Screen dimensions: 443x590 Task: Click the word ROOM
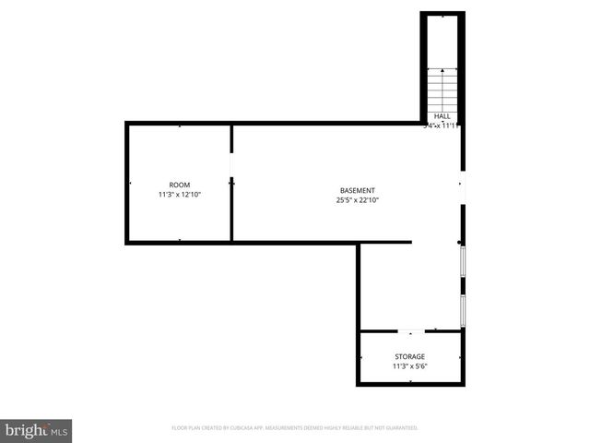179,185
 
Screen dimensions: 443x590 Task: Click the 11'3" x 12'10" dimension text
179,195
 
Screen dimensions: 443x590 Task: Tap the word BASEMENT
358,190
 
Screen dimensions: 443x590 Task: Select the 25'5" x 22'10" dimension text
358,200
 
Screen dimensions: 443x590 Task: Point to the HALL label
442,116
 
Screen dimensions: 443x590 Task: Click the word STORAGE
410,356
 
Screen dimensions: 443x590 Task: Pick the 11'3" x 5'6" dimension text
410,366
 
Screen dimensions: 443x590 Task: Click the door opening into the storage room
411,329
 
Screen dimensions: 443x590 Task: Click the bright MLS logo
36,429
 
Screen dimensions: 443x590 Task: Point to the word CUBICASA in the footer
255,428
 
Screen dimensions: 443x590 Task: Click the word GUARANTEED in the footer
400,428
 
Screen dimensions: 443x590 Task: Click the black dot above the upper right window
460,243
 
